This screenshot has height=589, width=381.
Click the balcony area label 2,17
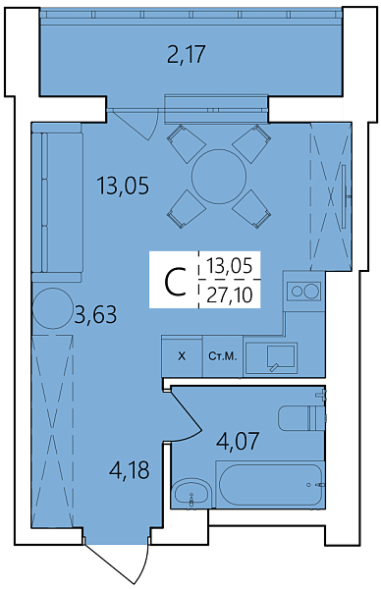[186, 55]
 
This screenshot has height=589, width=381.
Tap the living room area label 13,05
[123, 186]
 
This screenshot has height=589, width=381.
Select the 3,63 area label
[95, 315]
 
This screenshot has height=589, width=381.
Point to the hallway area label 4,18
[129, 470]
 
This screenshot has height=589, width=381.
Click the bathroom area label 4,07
[238, 441]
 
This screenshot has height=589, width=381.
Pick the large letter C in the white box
[175, 282]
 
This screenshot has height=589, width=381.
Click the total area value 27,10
[229, 295]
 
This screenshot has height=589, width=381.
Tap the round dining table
[219, 177]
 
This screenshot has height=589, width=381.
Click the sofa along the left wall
[57, 202]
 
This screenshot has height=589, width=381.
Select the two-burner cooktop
[303, 292]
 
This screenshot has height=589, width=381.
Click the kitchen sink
[280, 357]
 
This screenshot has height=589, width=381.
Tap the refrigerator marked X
[182, 356]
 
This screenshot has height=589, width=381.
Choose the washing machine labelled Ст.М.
[223, 356]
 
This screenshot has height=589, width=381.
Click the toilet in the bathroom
[301, 418]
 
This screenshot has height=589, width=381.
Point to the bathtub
[270, 485]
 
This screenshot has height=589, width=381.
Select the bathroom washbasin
[191, 493]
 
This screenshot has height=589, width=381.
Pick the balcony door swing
[137, 125]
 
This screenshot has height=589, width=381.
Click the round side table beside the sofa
[53, 308]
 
